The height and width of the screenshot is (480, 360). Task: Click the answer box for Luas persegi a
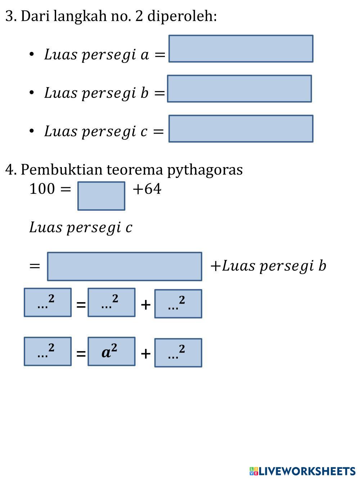[x=241, y=49]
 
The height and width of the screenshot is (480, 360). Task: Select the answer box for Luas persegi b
[x=239, y=89]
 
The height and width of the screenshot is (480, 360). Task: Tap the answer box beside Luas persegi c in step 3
[x=241, y=129]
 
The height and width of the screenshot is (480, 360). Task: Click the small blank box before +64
[x=101, y=196]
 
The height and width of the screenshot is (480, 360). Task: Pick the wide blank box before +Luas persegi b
[x=124, y=266]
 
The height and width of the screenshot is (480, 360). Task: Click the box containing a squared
[x=111, y=351]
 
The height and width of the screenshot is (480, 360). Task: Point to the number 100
[x=42, y=189]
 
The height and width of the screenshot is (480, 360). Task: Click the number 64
[x=152, y=189]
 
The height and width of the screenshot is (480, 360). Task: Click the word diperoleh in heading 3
[x=182, y=16]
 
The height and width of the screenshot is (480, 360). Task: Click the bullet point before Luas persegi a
[x=32, y=54]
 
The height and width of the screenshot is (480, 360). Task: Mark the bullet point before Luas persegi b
[x=32, y=93]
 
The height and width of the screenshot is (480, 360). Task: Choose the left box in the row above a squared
[x=48, y=302]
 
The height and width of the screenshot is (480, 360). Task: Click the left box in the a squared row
[x=48, y=351]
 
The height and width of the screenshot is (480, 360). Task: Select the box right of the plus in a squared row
[x=178, y=353]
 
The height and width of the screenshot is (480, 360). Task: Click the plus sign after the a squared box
[x=145, y=354]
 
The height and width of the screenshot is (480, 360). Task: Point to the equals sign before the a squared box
[x=81, y=354]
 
